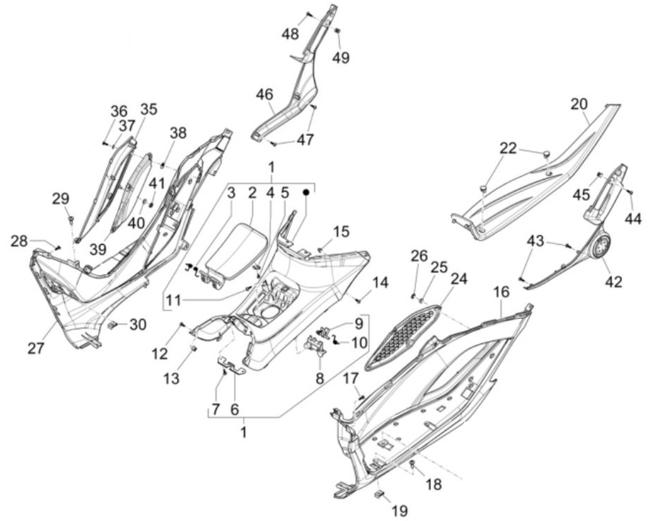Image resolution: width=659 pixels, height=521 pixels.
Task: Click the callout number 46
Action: (x=264, y=95)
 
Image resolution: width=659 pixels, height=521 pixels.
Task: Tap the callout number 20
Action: (x=579, y=104)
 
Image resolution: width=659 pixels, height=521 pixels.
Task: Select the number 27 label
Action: (x=36, y=349)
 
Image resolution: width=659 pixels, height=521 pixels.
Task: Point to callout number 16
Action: (x=501, y=292)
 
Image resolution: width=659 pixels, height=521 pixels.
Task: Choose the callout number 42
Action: (x=614, y=281)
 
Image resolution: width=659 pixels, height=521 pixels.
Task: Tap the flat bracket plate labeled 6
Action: (x=232, y=366)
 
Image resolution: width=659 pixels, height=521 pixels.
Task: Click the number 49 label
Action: (x=341, y=57)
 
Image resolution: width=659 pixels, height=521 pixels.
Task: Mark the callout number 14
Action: (x=380, y=283)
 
